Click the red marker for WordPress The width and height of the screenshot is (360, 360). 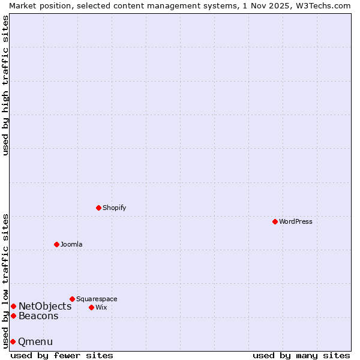point(275,221)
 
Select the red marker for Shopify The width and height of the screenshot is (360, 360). point(98,208)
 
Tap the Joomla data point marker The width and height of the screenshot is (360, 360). point(56,244)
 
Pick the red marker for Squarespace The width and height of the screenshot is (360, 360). point(72,299)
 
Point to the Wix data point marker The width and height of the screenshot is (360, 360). point(91,307)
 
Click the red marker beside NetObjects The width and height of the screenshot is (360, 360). point(13,307)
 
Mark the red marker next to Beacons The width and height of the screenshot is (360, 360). point(13,316)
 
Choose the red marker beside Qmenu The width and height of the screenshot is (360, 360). point(13,341)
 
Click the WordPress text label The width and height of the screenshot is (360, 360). point(296,221)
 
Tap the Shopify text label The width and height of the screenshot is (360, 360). point(114,208)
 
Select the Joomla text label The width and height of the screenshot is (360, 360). point(71,244)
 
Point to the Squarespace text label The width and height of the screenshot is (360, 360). point(97,299)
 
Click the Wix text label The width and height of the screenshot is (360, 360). point(101,307)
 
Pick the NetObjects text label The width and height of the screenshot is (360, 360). point(45,307)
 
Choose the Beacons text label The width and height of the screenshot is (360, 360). point(38,316)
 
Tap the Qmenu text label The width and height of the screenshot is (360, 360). point(35,342)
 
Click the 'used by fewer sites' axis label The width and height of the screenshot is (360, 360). point(62,355)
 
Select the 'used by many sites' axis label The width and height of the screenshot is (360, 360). point(301,355)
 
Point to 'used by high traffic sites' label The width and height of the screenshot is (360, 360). point(5,85)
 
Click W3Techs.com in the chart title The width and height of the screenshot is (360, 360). point(321,5)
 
